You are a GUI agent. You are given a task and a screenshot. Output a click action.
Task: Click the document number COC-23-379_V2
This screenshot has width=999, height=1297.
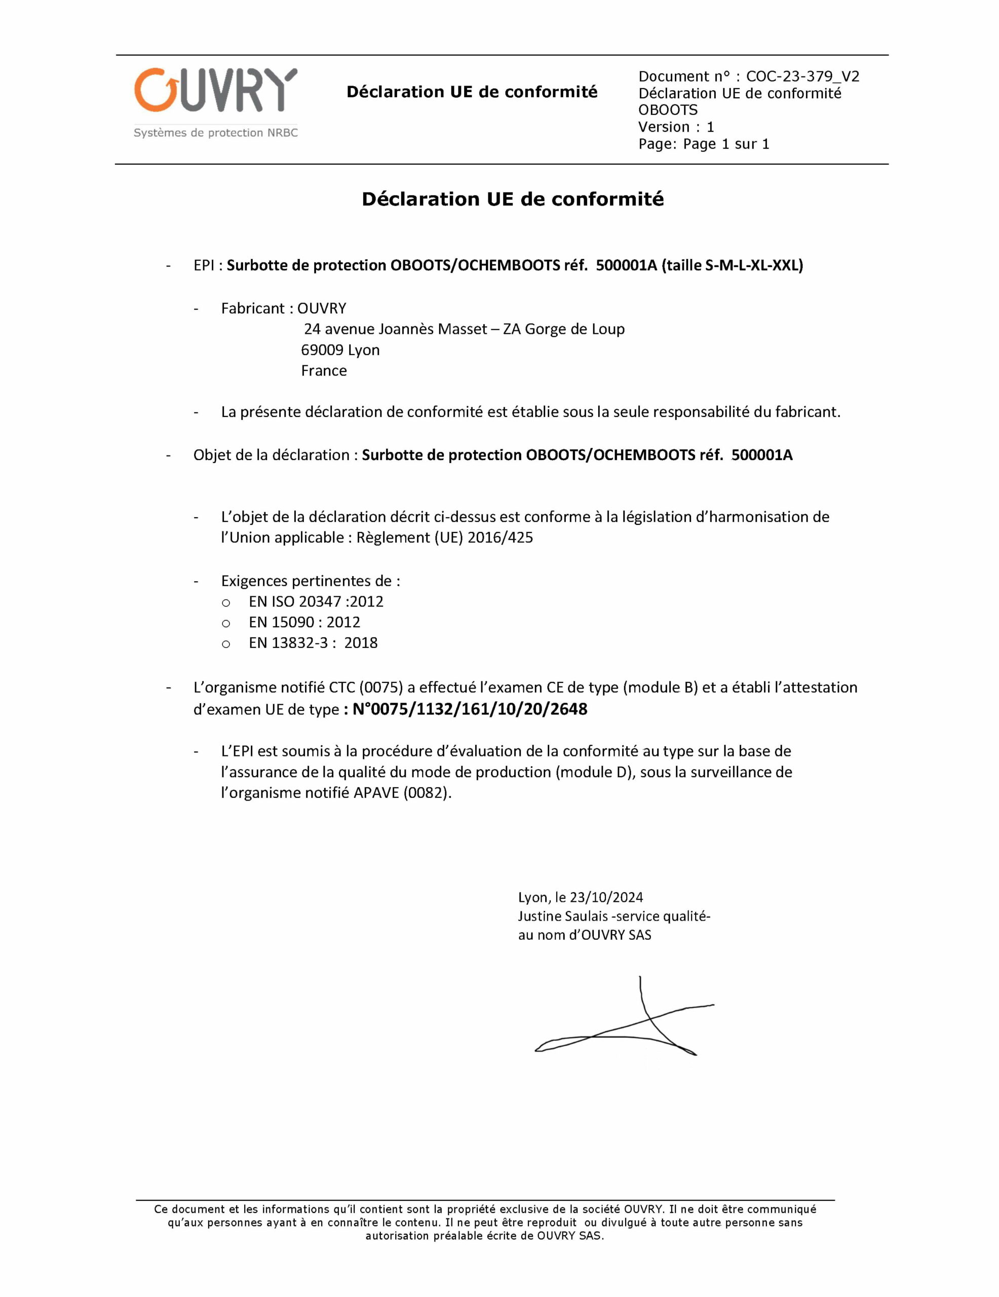tap(802, 77)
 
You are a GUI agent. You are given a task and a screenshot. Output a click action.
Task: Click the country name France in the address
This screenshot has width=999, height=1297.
tap(324, 370)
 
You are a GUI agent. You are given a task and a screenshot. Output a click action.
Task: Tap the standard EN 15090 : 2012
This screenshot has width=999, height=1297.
tap(304, 622)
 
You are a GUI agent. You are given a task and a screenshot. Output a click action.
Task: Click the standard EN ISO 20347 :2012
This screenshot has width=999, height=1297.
tap(316, 601)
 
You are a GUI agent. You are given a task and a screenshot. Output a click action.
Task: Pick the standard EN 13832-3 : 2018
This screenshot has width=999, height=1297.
tap(313, 642)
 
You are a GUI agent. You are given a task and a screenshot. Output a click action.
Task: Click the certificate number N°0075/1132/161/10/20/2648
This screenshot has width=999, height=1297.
tap(469, 709)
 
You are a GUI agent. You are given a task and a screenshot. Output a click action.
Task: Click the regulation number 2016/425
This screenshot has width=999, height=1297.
tap(500, 538)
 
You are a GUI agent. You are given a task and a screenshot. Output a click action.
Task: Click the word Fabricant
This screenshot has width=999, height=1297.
tap(252, 308)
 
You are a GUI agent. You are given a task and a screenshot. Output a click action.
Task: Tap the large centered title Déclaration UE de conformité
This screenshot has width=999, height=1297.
tap(512, 199)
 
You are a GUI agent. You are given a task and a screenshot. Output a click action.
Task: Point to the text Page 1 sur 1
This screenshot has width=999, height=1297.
tap(726, 144)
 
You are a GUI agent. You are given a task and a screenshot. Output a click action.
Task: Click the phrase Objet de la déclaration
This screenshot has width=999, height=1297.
tap(272, 455)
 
